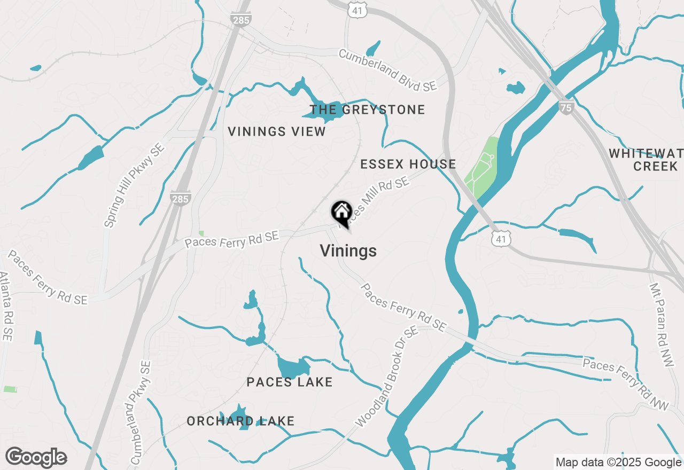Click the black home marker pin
tap(341, 213)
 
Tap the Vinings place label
tap(348, 250)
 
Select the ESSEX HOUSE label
tap(408, 164)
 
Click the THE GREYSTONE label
tap(367, 109)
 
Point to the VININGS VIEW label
tap(277, 131)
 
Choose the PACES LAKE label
tap(290, 382)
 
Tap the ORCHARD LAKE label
tap(240, 421)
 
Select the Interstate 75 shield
tap(566, 107)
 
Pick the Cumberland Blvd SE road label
tap(387, 70)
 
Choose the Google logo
tap(36, 457)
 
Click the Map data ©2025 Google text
tap(618, 463)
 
